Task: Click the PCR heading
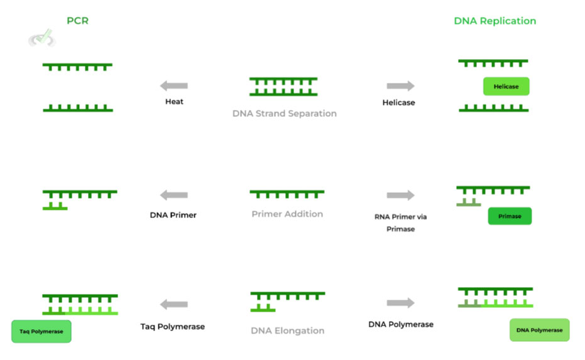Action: click(x=78, y=21)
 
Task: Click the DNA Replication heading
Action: click(x=495, y=21)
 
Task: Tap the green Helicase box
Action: click(x=506, y=86)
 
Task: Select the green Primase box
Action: click(x=510, y=216)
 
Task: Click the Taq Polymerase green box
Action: click(x=41, y=331)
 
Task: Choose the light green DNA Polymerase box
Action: click(x=539, y=330)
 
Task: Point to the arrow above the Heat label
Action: click(x=174, y=86)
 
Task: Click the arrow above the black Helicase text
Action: click(x=400, y=86)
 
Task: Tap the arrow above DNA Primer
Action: click(x=174, y=195)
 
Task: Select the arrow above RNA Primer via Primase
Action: click(x=400, y=195)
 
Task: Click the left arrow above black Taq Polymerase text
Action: click(x=174, y=305)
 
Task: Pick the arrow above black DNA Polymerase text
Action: click(x=400, y=303)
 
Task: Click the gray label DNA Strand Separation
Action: click(x=285, y=114)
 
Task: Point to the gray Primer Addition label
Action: click(x=287, y=214)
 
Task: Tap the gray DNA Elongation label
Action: click(x=287, y=330)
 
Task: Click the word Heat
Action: click(x=174, y=101)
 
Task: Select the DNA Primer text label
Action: click(x=173, y=215)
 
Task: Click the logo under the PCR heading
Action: click(x=41, y=39)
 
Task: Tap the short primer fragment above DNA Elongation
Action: click(x=263, y=308)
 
